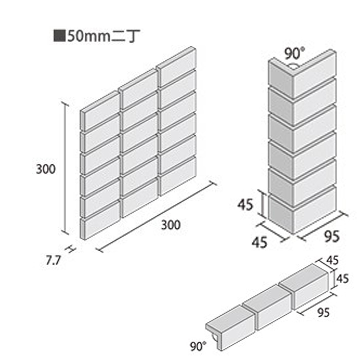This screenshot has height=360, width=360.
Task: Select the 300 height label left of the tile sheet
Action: click(x=46, y=169)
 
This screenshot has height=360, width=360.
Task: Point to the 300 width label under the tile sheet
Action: click(x=170, y=225)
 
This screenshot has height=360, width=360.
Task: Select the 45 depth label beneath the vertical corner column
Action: click(x=259, y=243)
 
